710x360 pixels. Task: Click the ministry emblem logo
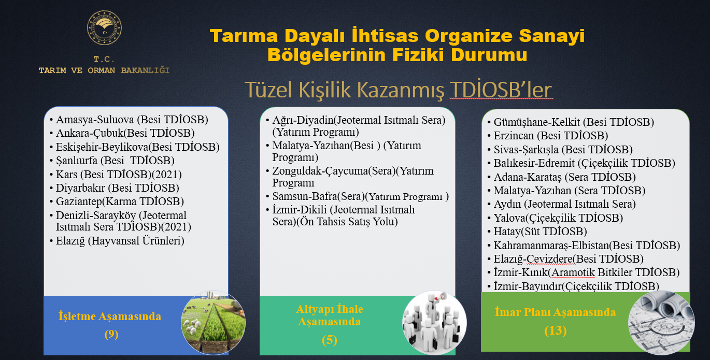(x=104, y=28)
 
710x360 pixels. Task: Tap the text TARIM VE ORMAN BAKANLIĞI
(x=104, y=70)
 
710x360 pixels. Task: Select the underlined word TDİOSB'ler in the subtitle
(x=501, y=90)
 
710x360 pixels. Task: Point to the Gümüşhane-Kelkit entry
(x=571, y=122)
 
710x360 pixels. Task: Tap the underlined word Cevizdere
(x=549, y=259)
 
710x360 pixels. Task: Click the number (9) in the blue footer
(x=111, y=334)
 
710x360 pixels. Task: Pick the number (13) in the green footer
(x=556, y=330)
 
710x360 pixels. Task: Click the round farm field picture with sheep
(x=213, y=322)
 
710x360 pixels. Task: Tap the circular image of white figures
(x=434, y=322)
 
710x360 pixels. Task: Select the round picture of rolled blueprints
(x=661, y=323)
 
